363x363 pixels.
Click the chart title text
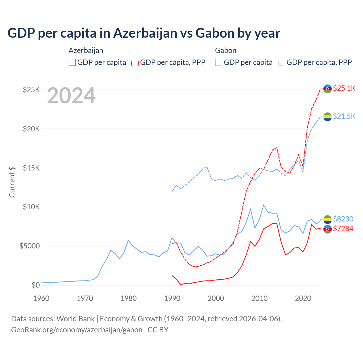pyautogui.click(x=144, y=33)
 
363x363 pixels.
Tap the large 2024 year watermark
pyautogui.click(x=71, y=96)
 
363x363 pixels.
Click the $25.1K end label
pyautogui.click(x=344, y=88)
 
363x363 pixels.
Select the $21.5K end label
pyautogui.click(x=344, y=116)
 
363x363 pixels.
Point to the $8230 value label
pyautogui.click(x=343, y=219)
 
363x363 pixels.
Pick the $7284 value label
pyautogui.click(x=343, y=229)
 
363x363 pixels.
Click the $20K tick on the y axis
pyautogui.click(x=31, y=129)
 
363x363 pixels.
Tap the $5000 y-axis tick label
pyautogui.click(x=29, y=246)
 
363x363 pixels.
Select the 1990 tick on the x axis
pyautogui.click(x=172, y=298)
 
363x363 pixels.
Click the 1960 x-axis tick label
pyautogui.click(x=41, y=298)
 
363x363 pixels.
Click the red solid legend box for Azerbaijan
pyautogui.click(x=72, y=62)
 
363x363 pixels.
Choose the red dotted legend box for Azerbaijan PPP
pyautogui.click(x=135, y=62)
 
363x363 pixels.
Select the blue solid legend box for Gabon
pyautogui.click(x=219, y=62)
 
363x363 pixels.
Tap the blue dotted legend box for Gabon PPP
pyautogui.click(x=282, y=62)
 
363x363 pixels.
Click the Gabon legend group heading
pyautogui.click(x=225, y=50)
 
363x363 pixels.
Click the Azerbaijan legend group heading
pyautogui.click(x=86, y=50)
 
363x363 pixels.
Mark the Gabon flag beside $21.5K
pyautogui.click(x=328, y=117)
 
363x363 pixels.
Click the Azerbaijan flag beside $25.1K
pyautogui.click(x=328, y=88)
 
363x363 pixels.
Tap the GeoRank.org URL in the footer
pyautogui.click(x=77, y=330)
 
